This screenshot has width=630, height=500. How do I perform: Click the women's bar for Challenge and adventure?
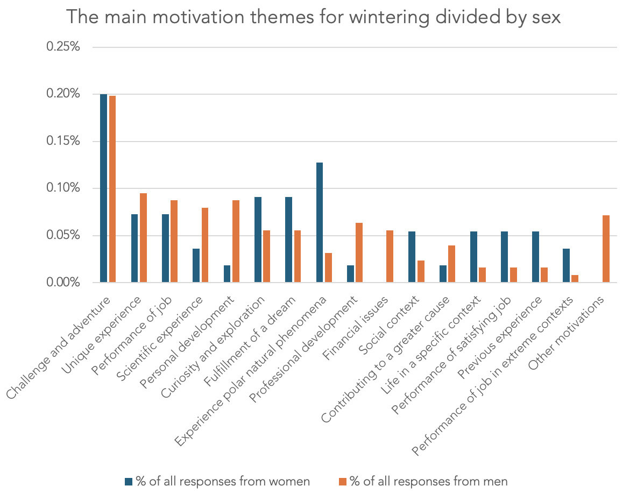103,188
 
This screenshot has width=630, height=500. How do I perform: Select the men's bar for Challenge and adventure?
112,189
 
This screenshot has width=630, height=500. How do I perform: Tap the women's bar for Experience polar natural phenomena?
320,222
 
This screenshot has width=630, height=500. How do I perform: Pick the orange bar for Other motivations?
606,249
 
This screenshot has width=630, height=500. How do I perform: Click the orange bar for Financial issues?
390,256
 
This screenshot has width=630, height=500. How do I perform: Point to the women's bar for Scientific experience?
196,265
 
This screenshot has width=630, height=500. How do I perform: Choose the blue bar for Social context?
412,257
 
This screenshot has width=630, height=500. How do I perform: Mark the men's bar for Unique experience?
143,237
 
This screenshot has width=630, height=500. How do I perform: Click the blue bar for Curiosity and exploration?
258,240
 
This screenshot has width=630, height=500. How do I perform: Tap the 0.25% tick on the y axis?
63,47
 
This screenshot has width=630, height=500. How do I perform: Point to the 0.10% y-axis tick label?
63,188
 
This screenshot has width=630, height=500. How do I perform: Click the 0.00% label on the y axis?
63,283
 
